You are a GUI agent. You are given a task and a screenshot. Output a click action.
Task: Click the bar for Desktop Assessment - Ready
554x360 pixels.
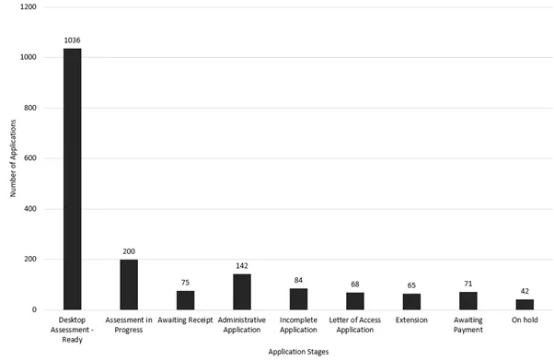point(72,179)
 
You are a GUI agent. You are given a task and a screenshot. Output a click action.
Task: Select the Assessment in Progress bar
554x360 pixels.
point(129,285)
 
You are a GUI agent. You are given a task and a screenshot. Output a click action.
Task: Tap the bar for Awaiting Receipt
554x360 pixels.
point(185,300)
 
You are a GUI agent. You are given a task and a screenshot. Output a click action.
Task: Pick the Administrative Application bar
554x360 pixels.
point(242,292)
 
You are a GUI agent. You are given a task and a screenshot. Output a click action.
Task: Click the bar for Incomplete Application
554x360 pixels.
point(299,299)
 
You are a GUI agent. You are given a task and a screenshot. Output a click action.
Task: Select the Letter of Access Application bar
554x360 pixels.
point(355,301)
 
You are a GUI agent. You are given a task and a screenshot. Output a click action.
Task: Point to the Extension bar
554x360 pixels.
point(411,301)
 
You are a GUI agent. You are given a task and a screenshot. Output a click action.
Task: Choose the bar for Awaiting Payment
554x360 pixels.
point(468,301)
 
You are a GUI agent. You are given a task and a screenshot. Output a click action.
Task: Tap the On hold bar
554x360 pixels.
point(525,305)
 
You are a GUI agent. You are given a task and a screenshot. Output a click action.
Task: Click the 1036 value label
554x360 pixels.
point(72,41)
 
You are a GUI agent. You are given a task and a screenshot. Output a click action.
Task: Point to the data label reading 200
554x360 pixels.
point(129,251)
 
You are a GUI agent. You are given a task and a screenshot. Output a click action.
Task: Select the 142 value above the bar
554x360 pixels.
point(242,266)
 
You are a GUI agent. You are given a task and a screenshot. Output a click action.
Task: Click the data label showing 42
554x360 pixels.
point(525,291)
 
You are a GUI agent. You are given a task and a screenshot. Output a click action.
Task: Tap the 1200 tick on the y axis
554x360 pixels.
point(28,7)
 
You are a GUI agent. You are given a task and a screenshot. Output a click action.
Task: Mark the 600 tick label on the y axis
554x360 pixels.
point(30,158)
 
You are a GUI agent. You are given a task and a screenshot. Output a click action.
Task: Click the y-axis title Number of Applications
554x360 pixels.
point(13,158)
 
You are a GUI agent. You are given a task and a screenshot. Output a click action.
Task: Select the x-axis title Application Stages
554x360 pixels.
point(299,352)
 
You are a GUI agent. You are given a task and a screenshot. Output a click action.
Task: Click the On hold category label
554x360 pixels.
point(525,320)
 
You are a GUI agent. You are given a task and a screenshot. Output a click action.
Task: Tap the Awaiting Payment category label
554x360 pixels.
point(468,325)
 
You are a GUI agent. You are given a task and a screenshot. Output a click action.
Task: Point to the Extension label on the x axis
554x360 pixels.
point(411,320)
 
